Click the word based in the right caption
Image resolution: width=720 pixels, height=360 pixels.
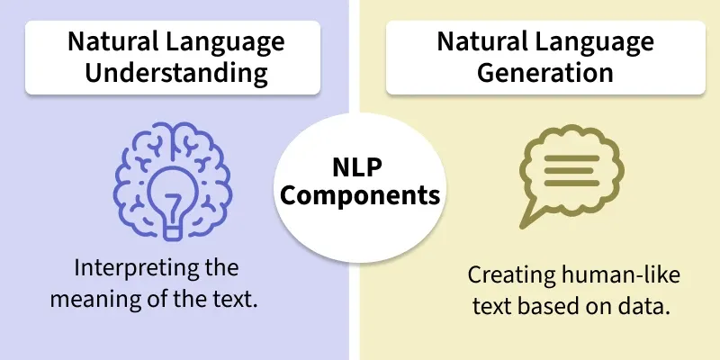540,306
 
